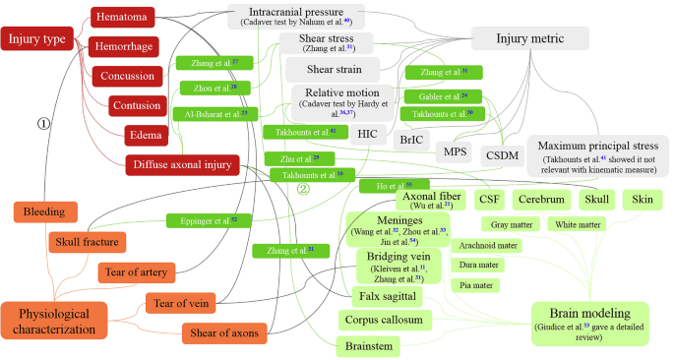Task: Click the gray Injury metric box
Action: point(529,39)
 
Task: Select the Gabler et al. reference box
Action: point(442,95)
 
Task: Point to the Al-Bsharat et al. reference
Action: point(215,114)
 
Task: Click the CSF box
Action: point(489,200)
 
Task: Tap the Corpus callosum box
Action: point(384,320)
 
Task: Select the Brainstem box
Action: point(368,346)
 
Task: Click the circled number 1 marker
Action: point(42,123)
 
